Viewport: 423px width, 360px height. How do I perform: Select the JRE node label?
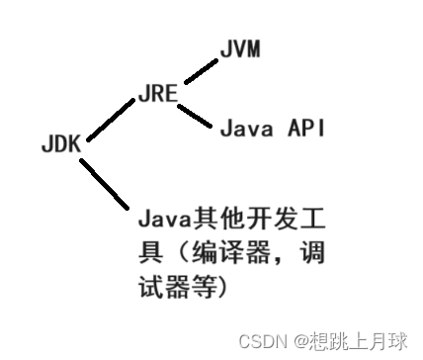pos(156,95)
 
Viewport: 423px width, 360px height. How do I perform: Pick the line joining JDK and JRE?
pos(110,121)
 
